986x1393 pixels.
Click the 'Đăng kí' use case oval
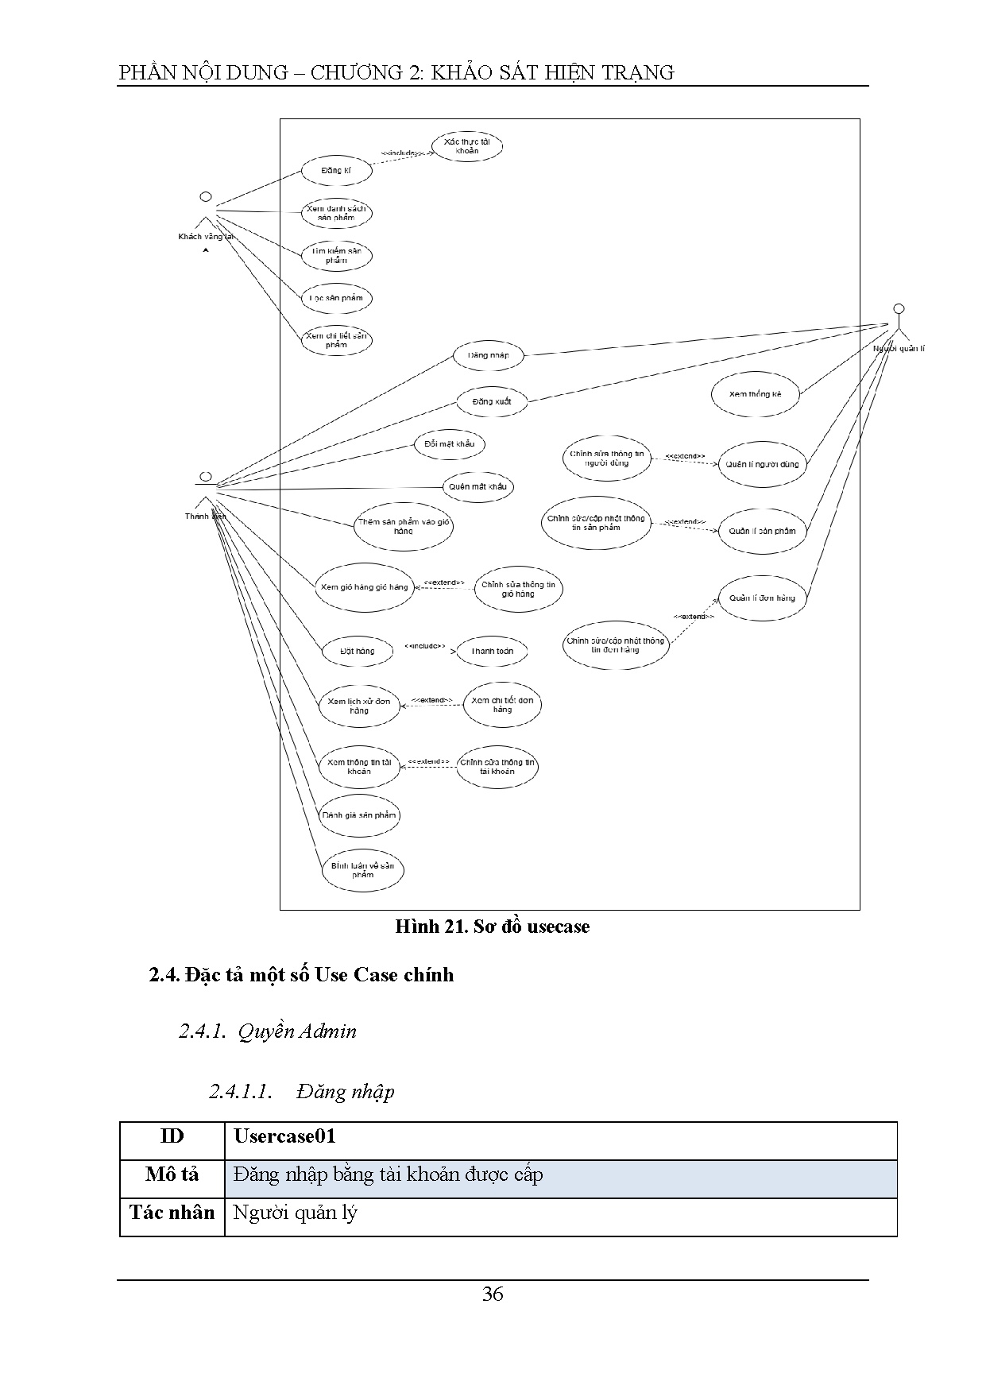pyautogui.click(x=336, y=171)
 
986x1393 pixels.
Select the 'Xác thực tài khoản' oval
pyautogui.click(x=467, y=146)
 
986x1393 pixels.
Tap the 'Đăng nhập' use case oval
pyautogui.click(x=489, y=355)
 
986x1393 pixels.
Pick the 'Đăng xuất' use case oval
pyautogui.click(x=492, y=401)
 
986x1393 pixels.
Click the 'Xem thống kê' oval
pyautogui.click(x=755, y=393)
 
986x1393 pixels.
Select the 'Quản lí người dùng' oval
pyautogui.click(x=762, y=464)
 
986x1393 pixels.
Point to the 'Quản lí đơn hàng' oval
pyautogui.click(x=762, y=598)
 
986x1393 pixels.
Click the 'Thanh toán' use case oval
pyautogui.click(x=493, y=651)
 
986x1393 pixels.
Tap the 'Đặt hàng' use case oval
pyautogui.click(x=358, y=651)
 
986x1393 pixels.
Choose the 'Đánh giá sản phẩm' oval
pyautogui.click(x=359, y=815)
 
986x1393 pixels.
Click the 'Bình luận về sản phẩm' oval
pyautogui.click(x=362, y=870)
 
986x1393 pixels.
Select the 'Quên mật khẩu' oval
pyautogui.click(x=478, y=486)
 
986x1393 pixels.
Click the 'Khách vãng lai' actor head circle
pyautogui.click(x=206, y=196)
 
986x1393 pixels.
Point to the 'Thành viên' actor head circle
pyautogui.click(x=206, y=476)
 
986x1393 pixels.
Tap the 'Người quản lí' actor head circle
pyautogui.click(x=899, y=308)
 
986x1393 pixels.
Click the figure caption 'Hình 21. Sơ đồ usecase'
pyautogui.click(x=493, y=927)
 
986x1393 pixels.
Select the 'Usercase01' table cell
pyautogui.click(x=560, y=1137)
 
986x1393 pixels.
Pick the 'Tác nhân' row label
pyautogui.click(x=172, y=1213)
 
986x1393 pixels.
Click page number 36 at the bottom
pyautogui.click(x=493, y=1294)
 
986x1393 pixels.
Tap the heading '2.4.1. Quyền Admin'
pyautogui.click(x=268, y=1031)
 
